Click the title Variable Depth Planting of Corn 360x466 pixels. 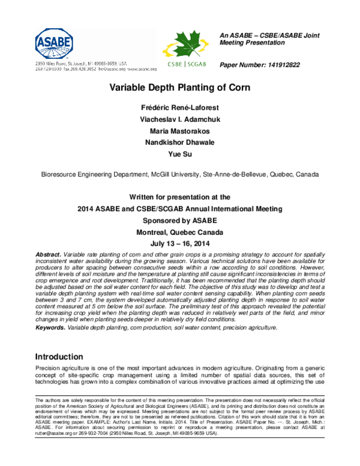pos(175,87)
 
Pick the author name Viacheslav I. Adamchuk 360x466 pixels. pos(175,119)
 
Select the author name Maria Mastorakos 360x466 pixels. pos(175,131)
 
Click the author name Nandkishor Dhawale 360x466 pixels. pos(175,143)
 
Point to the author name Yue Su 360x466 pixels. pos(175,155)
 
